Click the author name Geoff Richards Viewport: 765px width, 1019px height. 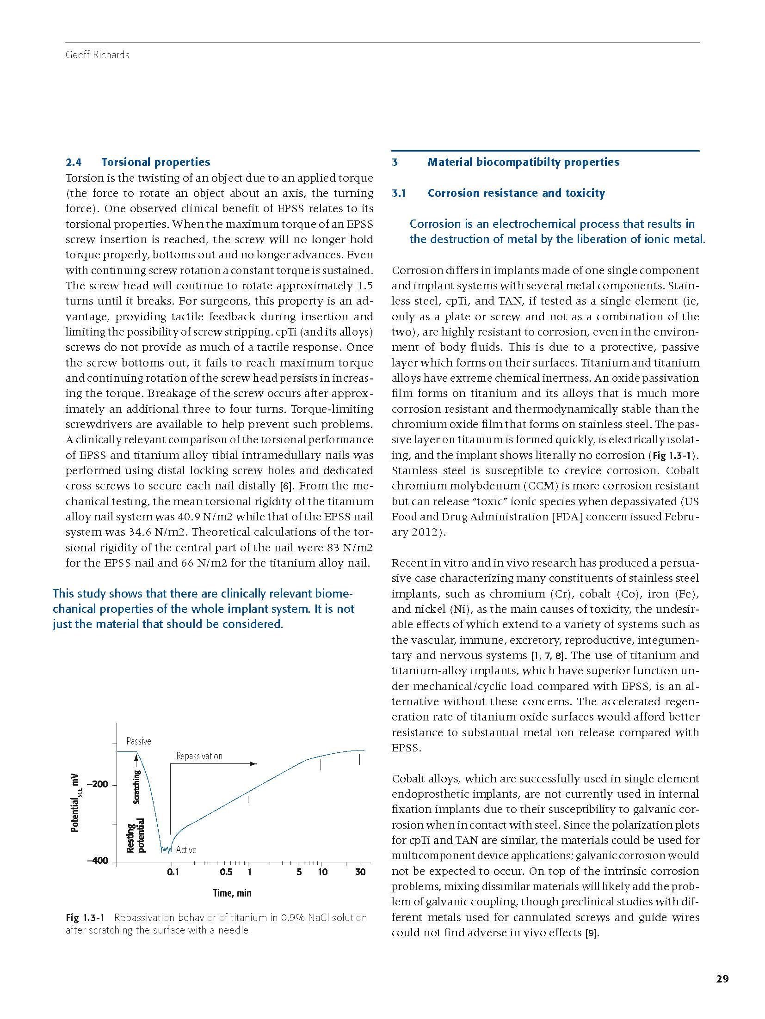97,55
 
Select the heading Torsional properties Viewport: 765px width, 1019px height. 155,162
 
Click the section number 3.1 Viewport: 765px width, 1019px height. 398,193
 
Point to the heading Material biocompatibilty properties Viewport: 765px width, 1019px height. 523,162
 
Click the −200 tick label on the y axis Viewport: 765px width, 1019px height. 97,785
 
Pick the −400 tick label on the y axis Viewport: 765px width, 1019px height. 97,861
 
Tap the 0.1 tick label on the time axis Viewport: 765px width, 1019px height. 173,872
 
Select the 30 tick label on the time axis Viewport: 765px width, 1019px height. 360,872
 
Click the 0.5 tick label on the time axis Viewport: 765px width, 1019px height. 226,872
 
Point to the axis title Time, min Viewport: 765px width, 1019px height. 232,893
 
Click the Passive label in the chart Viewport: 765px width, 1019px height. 139,741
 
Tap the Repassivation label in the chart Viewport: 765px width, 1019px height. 199,756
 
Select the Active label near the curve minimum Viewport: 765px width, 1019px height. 186,849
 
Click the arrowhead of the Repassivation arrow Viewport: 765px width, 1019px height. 253,764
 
